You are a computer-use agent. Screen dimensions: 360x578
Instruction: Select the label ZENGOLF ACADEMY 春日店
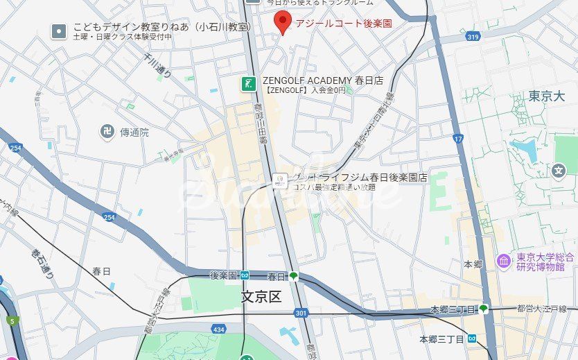322,80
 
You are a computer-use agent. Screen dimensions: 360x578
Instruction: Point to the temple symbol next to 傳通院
108,132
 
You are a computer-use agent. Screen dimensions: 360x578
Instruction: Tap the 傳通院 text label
134,132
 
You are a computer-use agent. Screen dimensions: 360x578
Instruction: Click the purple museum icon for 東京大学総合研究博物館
505,261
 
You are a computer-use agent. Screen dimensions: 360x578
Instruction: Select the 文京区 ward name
261,297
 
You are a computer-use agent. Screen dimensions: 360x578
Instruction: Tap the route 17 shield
458,139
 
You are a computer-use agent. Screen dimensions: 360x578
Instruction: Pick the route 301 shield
300,314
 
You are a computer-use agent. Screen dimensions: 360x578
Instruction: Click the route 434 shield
219,329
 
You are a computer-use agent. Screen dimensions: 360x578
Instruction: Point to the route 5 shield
11,321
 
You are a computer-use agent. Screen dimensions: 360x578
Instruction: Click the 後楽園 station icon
245,275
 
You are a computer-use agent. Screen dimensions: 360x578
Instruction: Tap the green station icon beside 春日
294,276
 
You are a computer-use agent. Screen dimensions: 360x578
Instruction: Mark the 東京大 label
547,96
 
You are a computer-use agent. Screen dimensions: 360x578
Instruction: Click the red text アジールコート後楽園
344,24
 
